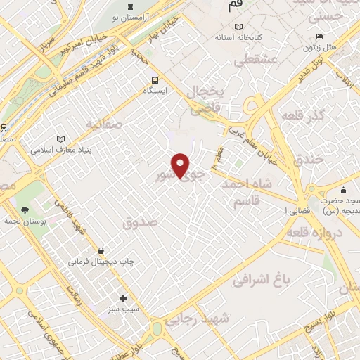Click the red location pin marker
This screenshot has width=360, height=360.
[181, 166]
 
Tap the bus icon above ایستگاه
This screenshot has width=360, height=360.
[154, 80]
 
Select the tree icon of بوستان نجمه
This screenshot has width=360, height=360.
[25, 210]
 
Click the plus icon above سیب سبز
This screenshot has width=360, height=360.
[124, 298]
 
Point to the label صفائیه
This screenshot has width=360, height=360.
[104, 124]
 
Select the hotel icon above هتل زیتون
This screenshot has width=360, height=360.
[320, 37]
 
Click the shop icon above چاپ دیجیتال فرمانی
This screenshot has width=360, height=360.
[101, 250]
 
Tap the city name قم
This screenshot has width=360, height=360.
[236, 6]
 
